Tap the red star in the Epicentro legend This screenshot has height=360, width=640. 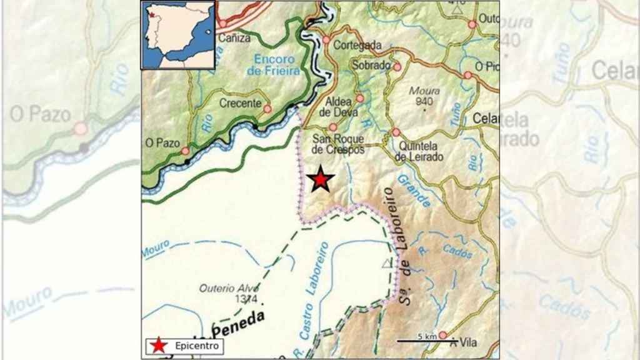[x=160, y=345]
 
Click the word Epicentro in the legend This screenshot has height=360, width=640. [x=196, y=346]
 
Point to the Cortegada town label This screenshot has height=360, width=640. [x=357, y=45]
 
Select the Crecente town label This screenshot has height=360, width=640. [x=240, y=103]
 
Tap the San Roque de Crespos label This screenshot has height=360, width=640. [x=338, y=144]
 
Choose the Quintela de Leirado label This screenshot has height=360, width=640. [x=420, y=151]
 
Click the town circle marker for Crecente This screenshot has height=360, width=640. [x=267, y=109]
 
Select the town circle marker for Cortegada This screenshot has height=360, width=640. [x=326, y=40]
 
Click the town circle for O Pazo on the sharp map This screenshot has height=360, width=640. [x=185, y=151]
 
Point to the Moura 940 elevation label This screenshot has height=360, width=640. [x=424, y=96]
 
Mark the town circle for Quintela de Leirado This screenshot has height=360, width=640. [x=396, y=132]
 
